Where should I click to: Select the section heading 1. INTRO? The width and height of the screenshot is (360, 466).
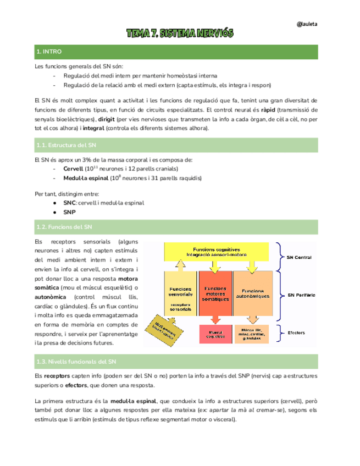pos(49,52)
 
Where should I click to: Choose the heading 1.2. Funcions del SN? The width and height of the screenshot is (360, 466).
pos(64,226)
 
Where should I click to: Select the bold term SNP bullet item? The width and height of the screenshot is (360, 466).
pos(69,212)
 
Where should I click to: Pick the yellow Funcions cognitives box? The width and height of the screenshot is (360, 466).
pos(219,252)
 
